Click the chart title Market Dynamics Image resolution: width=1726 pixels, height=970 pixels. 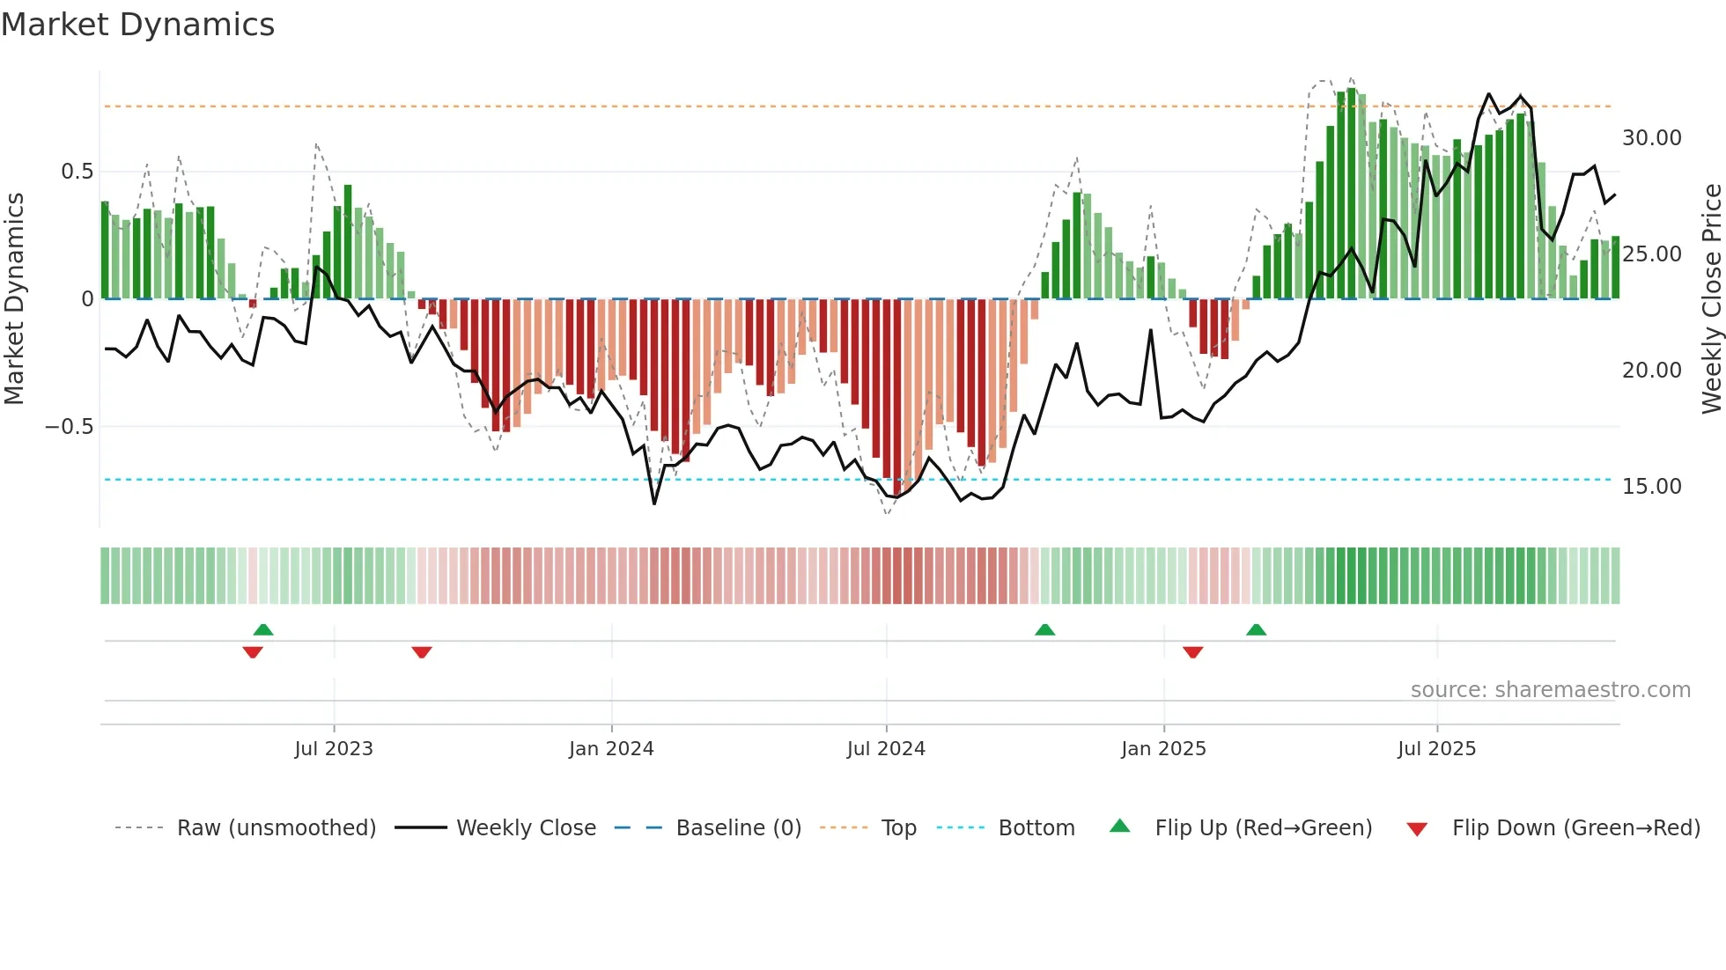pos(138,25)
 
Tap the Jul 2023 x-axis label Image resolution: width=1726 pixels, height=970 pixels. pos(334,749)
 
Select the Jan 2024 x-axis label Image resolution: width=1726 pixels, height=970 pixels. pos(611,749)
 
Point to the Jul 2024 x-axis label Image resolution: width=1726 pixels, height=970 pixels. pos(886,749)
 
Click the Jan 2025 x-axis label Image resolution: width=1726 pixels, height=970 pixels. pos(1163,749)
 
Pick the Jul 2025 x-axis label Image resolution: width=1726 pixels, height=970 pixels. pos(1436,749)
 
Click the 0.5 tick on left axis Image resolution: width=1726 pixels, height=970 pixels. pos(77,172)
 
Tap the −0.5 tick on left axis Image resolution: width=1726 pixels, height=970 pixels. pos(70,427)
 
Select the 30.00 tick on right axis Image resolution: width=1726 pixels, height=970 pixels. pos(1651,138)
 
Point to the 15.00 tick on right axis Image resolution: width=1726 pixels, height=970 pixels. pos(1651,487)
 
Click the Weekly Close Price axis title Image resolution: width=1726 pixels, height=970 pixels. pos(1711,299)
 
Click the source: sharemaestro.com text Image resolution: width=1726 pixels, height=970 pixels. pos(1550,690)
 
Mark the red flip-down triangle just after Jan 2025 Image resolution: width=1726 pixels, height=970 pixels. pos(1193,652)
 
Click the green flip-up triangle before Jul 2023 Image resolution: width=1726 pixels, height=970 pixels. pos(263,629)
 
